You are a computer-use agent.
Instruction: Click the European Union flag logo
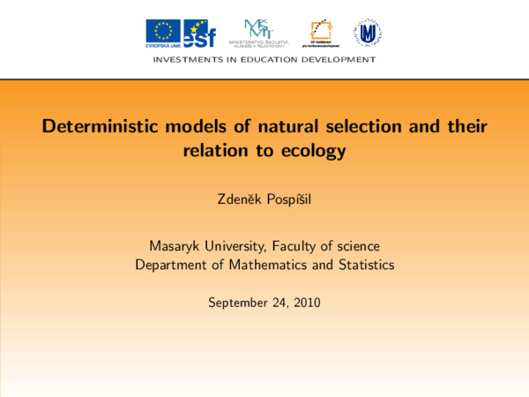pos(163,32)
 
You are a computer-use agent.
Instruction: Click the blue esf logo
pos(199,33)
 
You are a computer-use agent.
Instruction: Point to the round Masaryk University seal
pos(368,33)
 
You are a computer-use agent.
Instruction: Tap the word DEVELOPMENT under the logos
pos(340,60)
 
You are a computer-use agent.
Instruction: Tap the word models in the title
pos(195,126)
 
